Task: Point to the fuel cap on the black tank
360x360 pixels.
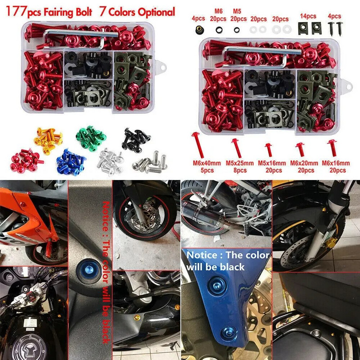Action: [x=27, y=346]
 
